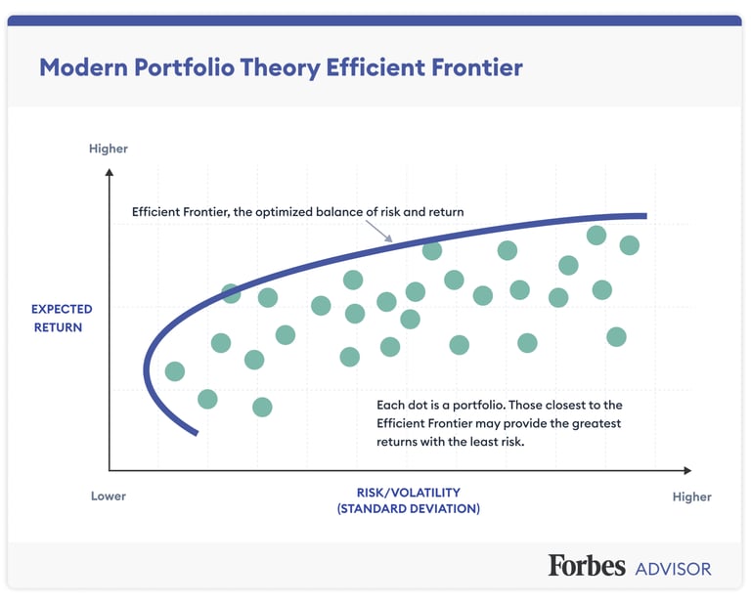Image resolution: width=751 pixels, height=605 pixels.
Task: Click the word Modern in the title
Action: pyautogui.click(x=83, y=67)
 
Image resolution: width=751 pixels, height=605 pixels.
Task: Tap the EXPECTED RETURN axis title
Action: pyautogui.click(x=62, y=319)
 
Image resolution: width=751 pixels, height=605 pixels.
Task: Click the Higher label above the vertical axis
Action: pyautogui.click(x=109, y=149)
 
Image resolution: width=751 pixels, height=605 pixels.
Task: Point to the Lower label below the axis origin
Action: pyautogui.click(x=109, y=496)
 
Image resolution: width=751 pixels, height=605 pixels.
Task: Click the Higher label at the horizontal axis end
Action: pyautogui.click(x=691, y=497)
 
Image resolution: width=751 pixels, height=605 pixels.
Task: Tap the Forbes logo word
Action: pyautogui.click(x=587, y=565)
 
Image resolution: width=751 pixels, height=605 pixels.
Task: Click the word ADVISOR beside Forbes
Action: pyautogui.click(x=673, y=569)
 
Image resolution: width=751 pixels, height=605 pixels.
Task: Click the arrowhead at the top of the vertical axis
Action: pyautogui.click(x=110, y=172)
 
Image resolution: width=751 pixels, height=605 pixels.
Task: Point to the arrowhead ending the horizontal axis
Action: pyautogui.click(x=687, y=470)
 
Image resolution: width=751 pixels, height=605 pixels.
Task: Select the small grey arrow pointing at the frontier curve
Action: pyautogui.click(x=379, y=232)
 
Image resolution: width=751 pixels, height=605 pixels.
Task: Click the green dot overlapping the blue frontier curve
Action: pyautogui.click(x=231, y=293)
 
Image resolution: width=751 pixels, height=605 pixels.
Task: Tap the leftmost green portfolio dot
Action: pyautogui.click(x=175, y=371)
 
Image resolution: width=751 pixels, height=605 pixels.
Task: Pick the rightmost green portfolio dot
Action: pyautogui.click(x=630, y=245)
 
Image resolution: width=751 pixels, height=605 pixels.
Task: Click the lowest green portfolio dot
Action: pyautogui.click(x=262, y=408)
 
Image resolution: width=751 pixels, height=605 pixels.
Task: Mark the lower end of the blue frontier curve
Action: pyautogui.click(x=196, y=434)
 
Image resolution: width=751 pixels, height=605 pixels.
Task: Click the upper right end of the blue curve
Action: pyautogui.click(x=646, y=216)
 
